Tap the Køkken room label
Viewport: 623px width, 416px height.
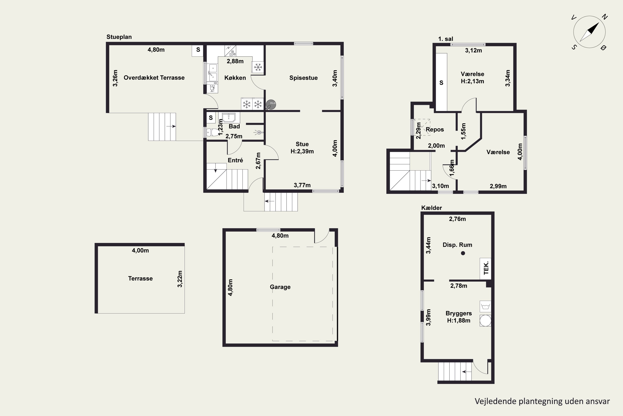click(235, 78)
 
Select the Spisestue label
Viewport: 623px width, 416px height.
click(303, 78)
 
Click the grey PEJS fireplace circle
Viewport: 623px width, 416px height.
click(271, 104)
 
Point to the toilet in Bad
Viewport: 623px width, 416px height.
click(212, 132)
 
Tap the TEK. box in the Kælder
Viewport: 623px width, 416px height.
click(486, 269)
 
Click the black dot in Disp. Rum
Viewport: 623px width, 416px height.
click(463, 253)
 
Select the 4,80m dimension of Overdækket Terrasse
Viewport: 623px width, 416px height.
click(156, 50)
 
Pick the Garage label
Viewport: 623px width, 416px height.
click(280, 287)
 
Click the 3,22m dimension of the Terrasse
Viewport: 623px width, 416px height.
click(180, 279)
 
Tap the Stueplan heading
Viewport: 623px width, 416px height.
click(119, 37)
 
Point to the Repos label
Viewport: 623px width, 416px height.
click(435, 129)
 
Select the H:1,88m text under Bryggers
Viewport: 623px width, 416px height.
click(459, 321)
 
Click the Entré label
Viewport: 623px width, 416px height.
click(235, 160)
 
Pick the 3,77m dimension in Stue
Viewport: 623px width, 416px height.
click(302, 185)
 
